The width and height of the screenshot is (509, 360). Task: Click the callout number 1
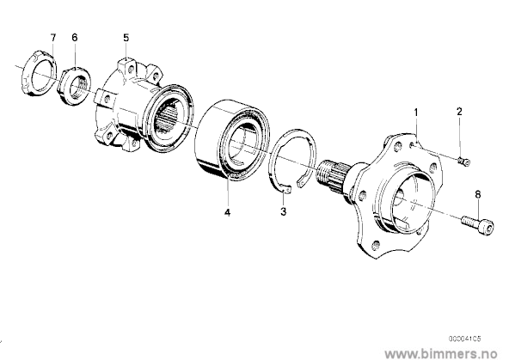point(416,113)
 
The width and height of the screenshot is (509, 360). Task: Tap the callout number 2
point(459,112)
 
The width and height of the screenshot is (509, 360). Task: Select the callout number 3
point(284,211)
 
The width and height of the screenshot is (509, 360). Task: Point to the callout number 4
point(227,212)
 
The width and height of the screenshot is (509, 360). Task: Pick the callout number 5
point(126,38)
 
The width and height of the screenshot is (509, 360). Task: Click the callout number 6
point(75,37)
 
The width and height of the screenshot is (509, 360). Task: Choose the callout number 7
point(53,37)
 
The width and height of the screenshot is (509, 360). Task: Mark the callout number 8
point(477,194)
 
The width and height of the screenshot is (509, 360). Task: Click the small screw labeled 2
point(463,162)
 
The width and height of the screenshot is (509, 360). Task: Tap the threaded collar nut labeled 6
point(75,86)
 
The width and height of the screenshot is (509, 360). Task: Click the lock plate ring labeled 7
point(39,74)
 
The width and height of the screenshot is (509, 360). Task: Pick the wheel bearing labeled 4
point(233,140)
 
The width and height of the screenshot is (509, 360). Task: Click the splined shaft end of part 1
point(334,175)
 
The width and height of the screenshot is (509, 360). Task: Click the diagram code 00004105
point(464,339)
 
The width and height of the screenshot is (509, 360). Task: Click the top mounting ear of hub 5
point(127,65)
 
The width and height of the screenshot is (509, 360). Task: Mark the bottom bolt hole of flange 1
point(377,244)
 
